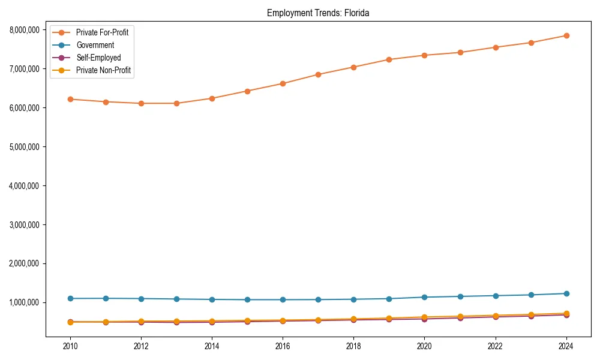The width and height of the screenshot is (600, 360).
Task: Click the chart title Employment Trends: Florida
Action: click(318, 13)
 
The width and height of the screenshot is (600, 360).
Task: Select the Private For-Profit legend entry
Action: click(102, 32)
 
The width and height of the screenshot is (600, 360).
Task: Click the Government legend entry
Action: click(95, 45)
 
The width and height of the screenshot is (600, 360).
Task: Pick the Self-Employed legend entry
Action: click(98, 58)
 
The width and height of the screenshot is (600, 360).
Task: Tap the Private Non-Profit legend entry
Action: click(103, 70)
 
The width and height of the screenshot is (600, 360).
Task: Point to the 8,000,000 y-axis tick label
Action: click(25, 30)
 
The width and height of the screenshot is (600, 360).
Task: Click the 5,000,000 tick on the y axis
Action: click(25, 147)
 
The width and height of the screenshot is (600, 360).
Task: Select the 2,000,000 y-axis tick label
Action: click(25, 263)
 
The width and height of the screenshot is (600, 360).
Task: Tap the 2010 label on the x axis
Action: click(70, 346)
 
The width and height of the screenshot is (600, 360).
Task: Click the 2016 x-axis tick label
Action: click(283, 346)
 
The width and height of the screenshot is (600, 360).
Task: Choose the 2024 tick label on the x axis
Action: click(566, 346)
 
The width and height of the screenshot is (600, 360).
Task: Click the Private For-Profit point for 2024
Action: click(566, 35)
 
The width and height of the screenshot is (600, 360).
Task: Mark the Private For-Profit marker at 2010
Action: click(70, 99)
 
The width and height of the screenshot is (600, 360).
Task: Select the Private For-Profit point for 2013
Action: click(176, 103)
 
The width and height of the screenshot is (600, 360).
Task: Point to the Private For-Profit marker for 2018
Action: click(353, 67)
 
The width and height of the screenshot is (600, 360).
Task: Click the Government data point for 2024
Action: click(566, 293)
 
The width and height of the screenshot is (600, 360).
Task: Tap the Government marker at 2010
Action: click(70, 298)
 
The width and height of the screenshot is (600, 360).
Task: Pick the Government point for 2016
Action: click(283, 299)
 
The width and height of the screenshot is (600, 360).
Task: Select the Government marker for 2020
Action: click(424, 297)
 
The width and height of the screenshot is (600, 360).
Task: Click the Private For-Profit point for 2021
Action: click(460, 52)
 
